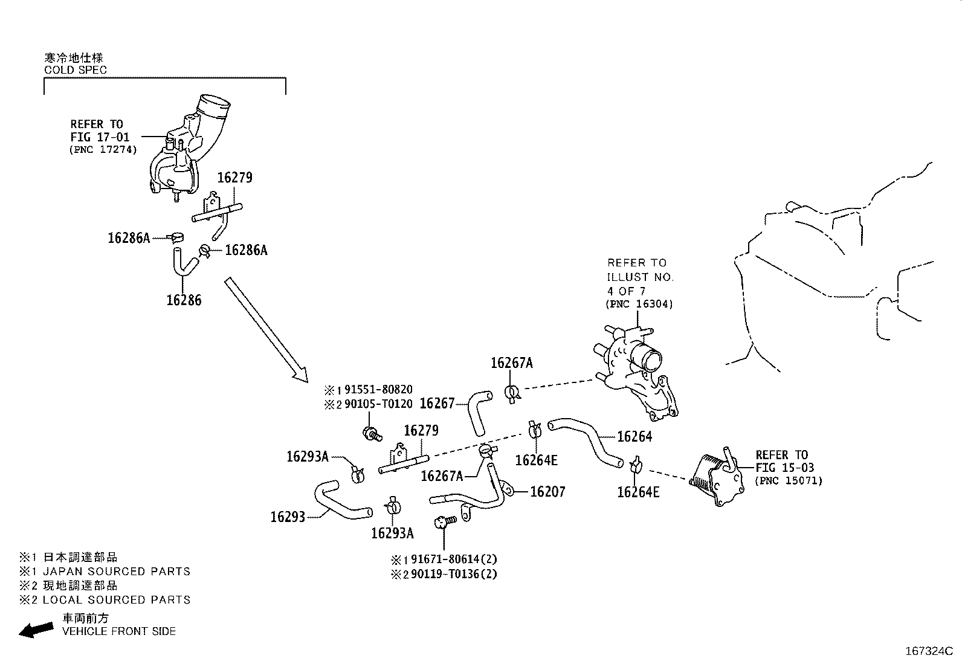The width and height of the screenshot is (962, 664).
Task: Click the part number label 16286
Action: click(x=184, y=300)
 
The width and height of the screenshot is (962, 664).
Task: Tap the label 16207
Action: click(x=547, y=492)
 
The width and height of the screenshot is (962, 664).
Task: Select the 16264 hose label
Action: click(x=634, y=437)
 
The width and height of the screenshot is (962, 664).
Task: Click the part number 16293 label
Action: click(x=288, y=517)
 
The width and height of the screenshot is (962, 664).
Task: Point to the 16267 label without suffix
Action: click(x=436, y=404)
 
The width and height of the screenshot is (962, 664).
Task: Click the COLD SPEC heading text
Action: click(x=76, y=69)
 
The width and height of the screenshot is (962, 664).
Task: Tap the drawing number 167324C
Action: click(x=928, y=651)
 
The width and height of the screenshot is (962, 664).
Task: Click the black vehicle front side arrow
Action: click(x=36, y=630)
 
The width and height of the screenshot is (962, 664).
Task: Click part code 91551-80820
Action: click(x=378, y=390)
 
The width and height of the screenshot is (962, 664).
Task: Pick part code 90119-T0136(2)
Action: click(x=453, y=574)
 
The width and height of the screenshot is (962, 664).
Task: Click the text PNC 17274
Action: click(x=103, y=149)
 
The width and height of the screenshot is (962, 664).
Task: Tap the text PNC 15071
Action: click(x=789, y=481)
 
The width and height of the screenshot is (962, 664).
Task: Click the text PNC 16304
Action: click(x=639, y=305)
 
